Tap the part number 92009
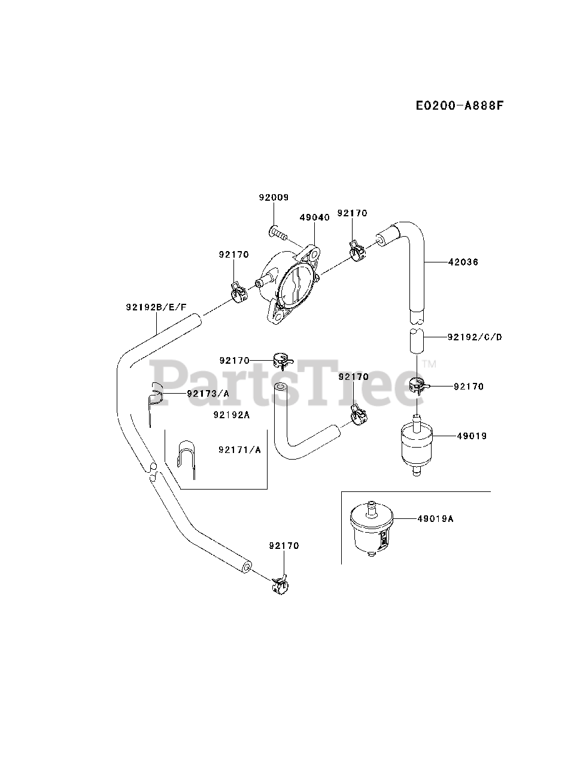tap(274, 197)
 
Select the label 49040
tap(314, 218)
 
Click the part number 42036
tap(464, 262)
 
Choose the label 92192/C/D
tap(475, 337)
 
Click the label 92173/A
tap(208, 394)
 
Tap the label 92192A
tap(230, 415)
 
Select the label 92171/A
tap(239, 449)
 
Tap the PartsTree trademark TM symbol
tap(429, 364)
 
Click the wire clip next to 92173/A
tap(154, 398)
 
